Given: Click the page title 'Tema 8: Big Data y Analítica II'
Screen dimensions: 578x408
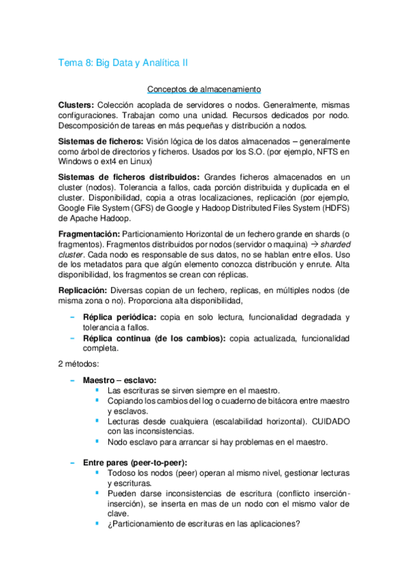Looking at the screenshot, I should tap(123, 63).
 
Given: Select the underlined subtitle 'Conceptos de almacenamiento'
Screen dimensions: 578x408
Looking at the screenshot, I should tap(204, 89).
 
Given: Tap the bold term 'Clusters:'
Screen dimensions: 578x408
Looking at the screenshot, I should tap(76, 106).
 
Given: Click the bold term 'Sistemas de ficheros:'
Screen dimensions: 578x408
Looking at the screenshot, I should tap(96, 141).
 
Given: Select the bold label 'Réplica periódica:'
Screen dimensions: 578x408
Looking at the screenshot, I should tap(120, 317).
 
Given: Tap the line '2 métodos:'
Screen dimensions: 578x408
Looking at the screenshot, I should tap(80, 365).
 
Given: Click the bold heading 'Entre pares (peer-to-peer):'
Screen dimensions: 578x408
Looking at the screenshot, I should tap(135, 462).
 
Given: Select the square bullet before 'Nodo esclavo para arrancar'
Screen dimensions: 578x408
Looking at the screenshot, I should tap(97, 441).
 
